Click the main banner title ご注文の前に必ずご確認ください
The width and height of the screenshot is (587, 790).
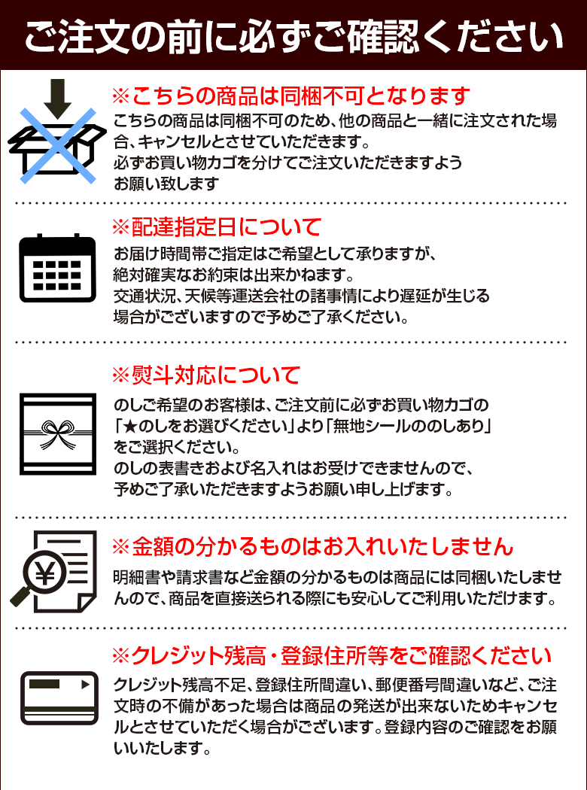(293, 35)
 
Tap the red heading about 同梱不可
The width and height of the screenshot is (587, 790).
(290, 96)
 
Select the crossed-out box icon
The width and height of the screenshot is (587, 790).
(57, 144)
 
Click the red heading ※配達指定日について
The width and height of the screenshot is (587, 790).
(216, 226)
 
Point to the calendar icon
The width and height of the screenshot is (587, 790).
(57, 268)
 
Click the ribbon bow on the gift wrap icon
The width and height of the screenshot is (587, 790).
(57, 430)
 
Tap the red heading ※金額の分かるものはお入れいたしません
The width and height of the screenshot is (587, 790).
(312, 545)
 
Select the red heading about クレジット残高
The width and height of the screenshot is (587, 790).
(331, 655)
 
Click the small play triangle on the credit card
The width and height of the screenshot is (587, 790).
(84, 685)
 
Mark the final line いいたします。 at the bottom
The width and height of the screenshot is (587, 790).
(161, 749)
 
